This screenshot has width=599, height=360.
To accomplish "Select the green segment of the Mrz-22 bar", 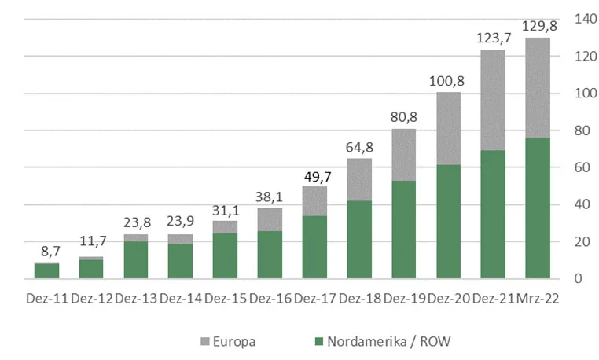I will pyautogui.click(x=538, y=208).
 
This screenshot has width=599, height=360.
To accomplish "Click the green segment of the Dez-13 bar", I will pyautogui.click(x=135, y=260).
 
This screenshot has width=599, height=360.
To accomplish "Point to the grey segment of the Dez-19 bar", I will pyautogui.click(x=403, y=155).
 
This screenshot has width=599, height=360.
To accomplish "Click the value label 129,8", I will pyautogui.click(x=538, y=25).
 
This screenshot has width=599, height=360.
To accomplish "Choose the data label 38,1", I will pyautogui.click(x=269, y=195).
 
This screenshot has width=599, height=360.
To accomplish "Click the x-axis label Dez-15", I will pyautogui.click(x=225, y=299).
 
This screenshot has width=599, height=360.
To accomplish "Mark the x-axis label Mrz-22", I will pyautogui.click(x=538, y=299).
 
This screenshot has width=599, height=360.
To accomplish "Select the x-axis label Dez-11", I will pyautogui.click(x=46, y=299).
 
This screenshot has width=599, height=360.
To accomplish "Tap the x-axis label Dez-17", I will pyautogui.click(x=314, y=299).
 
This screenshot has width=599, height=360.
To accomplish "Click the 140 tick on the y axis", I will pyautogui.click(x=582, y=19).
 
